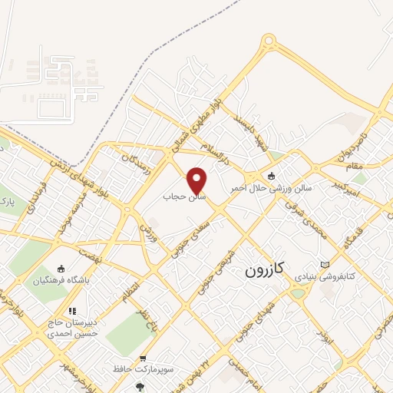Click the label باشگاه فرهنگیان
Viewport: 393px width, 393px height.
61,280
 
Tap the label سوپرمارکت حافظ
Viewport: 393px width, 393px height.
143,372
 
